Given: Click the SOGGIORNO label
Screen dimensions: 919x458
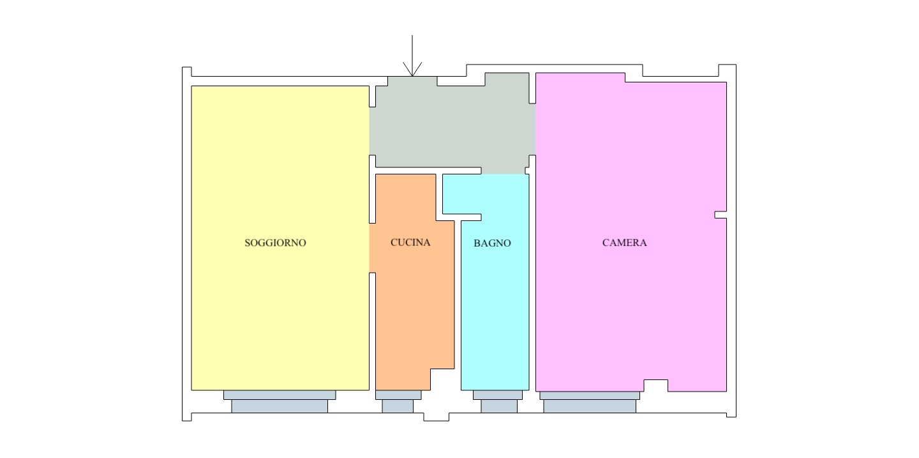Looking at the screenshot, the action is pos(275,243).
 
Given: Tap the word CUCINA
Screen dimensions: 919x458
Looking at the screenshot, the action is pos(410,242).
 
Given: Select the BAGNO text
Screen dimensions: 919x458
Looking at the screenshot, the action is pos(492,243).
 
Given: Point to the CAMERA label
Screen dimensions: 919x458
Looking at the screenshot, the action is pos(624,243).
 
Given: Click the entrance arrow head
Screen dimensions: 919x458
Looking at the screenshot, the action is pos(412,70).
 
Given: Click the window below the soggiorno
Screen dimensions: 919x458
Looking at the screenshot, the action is pos(280,401).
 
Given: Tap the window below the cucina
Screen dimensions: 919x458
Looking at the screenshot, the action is pos(398,401).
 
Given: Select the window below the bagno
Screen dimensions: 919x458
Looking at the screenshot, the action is pos(498,401).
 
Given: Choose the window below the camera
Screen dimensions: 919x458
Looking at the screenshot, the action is pos(590,402).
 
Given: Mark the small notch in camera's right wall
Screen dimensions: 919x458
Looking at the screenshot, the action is pos(721,215).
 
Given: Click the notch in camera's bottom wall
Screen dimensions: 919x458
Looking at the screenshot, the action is pos(655,386).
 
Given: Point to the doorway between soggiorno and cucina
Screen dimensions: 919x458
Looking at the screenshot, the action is pos(373,248).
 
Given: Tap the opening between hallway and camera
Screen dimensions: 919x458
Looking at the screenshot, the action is pos(532,129).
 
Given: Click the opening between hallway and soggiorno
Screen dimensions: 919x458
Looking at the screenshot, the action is pos(373,131).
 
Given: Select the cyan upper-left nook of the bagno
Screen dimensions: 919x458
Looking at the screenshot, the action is pos(462,194).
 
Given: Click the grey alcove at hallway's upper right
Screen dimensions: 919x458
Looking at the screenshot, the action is pos(507,80).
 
